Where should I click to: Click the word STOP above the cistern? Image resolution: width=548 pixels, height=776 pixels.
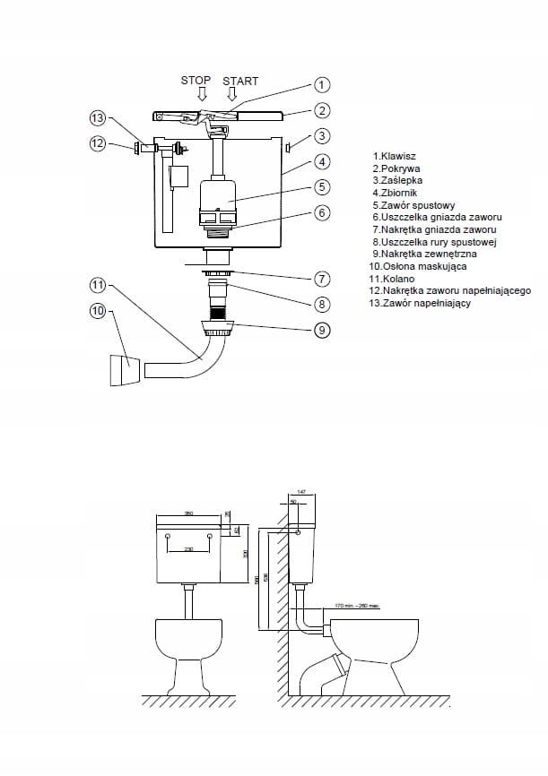click(x=196, y=81)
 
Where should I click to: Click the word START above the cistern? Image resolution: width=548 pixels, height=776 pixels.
click(x=239, y=81)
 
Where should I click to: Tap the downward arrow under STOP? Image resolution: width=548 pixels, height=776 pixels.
click(x=202, y=94)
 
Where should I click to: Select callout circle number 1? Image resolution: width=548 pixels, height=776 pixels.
click(x=322, y=85)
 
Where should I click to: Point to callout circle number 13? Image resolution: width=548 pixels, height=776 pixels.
click(x=99, y=118)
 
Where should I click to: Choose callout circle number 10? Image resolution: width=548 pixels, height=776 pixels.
click(x=99, y=311)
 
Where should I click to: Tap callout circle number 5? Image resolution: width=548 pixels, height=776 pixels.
click(x=322, y=188)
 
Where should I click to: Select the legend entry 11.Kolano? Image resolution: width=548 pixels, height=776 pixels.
click(x=391, y=279)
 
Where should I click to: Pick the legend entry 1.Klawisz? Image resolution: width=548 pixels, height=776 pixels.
click(x=393, y=156)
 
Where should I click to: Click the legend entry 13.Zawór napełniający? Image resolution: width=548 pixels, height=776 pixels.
click(x=421, y=303)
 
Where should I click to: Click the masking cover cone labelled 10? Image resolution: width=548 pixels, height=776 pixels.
click(x=125, y=370)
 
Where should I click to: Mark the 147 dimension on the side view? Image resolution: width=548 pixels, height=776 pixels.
click(x=301, y=494)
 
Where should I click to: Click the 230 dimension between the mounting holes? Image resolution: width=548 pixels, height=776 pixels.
click(x=189, y=549)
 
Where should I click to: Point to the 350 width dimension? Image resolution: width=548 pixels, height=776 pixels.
click(x=189, y=513)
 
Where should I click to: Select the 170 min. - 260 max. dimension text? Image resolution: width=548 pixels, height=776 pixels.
click(x=355, y=606)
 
